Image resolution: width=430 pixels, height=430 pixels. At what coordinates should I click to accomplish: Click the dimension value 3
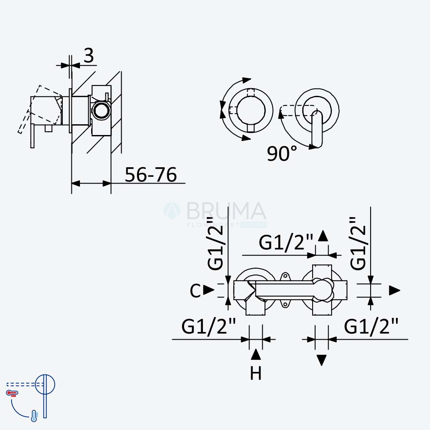point(89,55)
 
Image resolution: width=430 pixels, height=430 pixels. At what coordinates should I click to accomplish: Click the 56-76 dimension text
point(150,175)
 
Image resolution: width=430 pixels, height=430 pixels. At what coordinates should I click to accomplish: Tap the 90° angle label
point(282,153)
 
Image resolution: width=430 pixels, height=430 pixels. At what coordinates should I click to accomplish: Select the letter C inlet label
point(195,291)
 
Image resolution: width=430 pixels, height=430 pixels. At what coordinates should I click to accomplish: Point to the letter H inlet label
point(255,373)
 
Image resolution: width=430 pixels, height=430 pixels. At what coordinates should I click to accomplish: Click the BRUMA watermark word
point(226,211)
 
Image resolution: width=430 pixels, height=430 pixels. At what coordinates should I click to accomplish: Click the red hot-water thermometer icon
point(12,393)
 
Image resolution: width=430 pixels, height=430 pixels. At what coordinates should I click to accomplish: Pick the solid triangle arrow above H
point(255,354)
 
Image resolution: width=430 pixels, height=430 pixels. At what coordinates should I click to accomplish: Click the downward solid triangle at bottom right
point(322,360)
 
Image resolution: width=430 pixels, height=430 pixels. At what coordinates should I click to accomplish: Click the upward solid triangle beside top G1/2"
point(323,236)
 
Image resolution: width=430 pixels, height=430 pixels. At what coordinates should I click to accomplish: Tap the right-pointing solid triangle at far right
point(395,290)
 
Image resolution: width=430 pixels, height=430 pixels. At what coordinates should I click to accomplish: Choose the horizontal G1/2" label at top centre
point(286,243)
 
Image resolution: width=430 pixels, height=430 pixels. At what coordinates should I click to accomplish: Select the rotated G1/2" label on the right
point(358,243)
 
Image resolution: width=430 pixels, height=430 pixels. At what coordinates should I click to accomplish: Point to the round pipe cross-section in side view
point(101,110)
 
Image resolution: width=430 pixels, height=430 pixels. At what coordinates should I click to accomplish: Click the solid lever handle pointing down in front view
point(317,128)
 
